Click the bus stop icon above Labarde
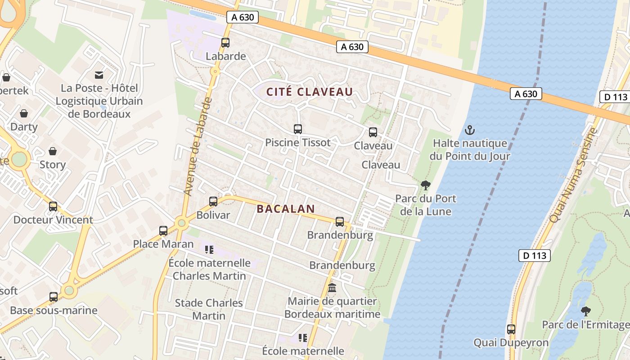[x=225, y=43]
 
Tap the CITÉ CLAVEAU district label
[x=310, y=92]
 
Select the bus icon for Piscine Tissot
[x=297, y=129]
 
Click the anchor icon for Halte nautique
[x=469, y=130]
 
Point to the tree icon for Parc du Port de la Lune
[x=425, y=185]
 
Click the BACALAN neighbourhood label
[x=285, y=209]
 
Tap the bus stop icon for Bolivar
[x=213, y=202]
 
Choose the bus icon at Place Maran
[x=163, y=231]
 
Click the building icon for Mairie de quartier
[x=332, y=288]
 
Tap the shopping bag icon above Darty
[x=24, y=113]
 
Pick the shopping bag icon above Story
[x=53, y=151]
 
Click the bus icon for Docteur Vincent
[x=53, y=207]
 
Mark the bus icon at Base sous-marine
[x=54, y=297]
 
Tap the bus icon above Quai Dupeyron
[x=511, y=329]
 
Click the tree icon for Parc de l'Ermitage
[x=585, y=311]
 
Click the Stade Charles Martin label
[x=209, y=309]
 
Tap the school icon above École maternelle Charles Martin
[x=209, y=249]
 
